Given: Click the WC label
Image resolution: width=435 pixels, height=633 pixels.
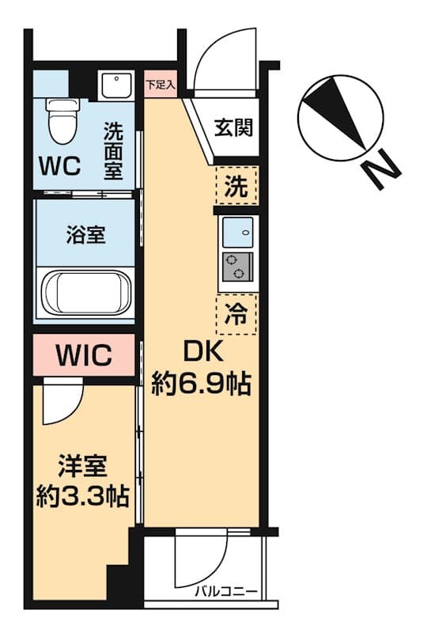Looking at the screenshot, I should coord(59,166).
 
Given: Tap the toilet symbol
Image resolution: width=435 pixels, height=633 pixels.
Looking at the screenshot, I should coord(59,119).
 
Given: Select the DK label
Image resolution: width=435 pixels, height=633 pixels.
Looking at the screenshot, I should coord(201,350).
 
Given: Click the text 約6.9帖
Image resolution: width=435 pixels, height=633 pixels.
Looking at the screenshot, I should coord(201,385).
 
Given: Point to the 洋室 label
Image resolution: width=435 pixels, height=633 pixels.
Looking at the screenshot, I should coord(82,464).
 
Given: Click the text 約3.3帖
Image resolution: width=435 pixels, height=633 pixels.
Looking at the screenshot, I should coord(82,496).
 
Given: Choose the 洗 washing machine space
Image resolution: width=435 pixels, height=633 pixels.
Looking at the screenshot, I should coord(236,188).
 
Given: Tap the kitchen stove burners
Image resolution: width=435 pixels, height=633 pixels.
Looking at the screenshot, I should coord(236,267).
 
